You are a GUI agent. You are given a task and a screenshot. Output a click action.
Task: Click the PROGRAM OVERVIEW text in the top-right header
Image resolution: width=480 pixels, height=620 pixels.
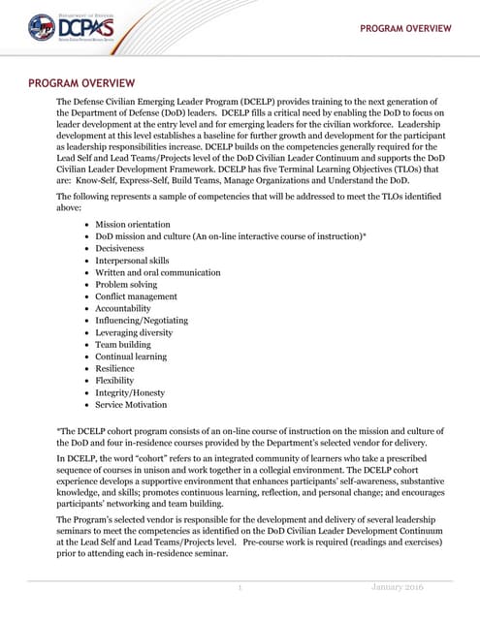click(405, 28)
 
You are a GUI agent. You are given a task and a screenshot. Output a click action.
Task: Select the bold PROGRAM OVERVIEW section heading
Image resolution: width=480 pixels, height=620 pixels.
click(81, 83)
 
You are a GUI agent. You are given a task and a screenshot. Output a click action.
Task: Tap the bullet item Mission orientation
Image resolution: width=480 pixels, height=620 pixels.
click(132, 224)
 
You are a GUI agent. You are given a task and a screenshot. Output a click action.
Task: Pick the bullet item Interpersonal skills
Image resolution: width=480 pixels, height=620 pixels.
click(132, 261)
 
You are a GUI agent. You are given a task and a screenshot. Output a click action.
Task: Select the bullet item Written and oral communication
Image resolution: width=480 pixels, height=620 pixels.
click(158, 272)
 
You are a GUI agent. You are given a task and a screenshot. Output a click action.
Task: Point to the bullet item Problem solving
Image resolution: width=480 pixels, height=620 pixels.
click(126, 285)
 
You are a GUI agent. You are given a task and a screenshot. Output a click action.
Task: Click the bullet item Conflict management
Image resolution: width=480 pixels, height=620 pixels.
click(136, 296)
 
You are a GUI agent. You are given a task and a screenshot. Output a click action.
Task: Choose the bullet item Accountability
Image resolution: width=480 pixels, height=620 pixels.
click(125, 308)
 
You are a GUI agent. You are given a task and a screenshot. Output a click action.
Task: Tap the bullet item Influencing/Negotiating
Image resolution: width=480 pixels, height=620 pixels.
click(142, 321)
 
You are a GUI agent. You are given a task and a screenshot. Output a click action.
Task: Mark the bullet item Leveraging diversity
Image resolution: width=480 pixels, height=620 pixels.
click(135, 332)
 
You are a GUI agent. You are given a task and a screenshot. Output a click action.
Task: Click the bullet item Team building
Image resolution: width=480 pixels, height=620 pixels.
click(123, 344)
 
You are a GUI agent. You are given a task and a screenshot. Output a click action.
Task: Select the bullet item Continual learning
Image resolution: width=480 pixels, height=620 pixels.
click(131, 356)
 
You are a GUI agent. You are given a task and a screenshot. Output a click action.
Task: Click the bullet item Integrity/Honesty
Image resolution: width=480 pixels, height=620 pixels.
click(130, 392)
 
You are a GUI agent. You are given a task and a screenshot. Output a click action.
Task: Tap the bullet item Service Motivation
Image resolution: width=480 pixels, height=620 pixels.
click(131, 405)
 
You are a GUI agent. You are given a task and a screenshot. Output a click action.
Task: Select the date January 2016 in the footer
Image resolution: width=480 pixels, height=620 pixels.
click(399, 588)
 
